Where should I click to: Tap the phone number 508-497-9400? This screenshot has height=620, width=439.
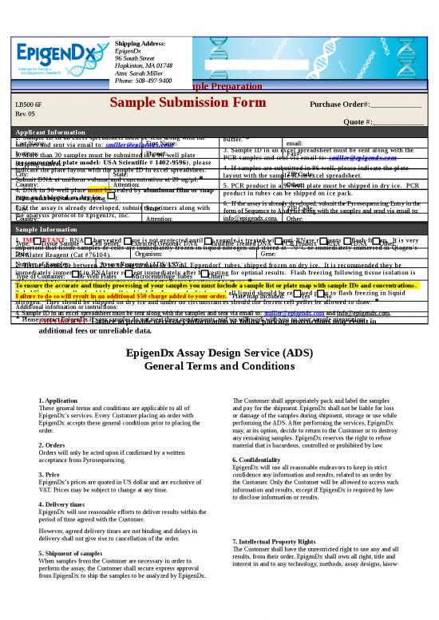tap(154, 81)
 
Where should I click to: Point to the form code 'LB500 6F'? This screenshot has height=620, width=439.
tap(28, 105)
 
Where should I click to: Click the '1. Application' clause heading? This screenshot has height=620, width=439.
tap(57, 401)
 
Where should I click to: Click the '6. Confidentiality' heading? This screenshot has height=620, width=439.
tap(259, 460)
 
